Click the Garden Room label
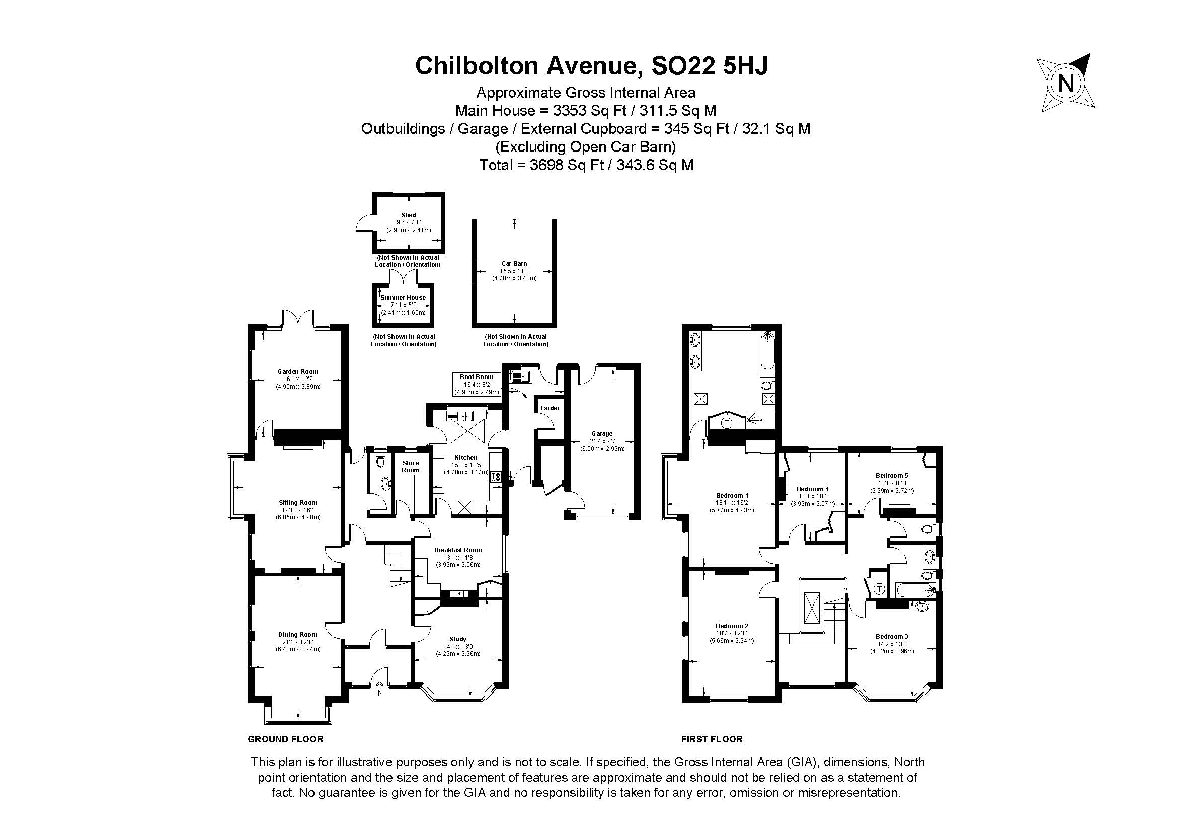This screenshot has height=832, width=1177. click(297, 371)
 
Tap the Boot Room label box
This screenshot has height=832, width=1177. click(477, 385)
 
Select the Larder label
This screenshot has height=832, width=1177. click(550, 408)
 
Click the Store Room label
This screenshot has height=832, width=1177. click(410, 466)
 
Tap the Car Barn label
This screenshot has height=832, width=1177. click(514, 264)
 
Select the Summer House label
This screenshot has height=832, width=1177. click(403, 297)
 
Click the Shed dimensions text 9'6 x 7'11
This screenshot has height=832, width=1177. click(409, 222)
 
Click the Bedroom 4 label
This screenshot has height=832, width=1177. click(813, 489)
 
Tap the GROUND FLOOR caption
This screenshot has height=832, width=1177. click(285, 739)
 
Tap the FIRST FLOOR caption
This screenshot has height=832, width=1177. click(712, 739)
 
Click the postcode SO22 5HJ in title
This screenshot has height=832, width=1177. click(709, 66)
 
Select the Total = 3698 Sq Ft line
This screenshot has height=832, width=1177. click(586, 165)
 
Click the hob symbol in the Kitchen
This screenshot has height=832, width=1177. click(496, 477)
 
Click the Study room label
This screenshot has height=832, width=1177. click(458, 639)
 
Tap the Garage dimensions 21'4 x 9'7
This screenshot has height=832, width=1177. click(601, 441)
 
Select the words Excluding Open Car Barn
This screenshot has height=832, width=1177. click(585, 147)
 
